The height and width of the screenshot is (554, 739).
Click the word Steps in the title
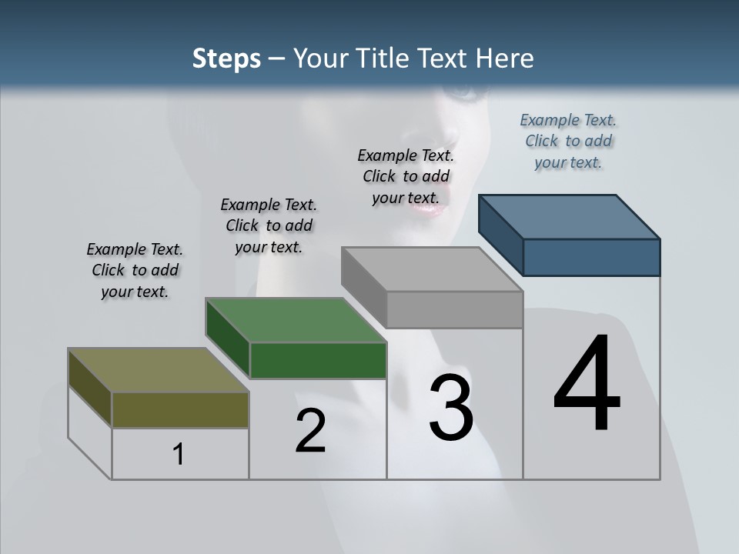pos(226,58)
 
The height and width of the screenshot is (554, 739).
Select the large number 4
pos(587,385)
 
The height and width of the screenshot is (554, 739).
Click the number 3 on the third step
pos(451,408)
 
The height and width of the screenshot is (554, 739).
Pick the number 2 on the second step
pos(310,431)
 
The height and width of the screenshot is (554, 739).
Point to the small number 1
pos(179,455)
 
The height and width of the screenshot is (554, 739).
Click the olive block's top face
pos(159,370)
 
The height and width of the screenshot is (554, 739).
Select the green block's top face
pos(296,320)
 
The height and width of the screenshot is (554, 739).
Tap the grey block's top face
pos(432,269)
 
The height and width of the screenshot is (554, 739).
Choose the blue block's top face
pos(570,217)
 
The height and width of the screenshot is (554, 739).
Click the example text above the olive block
pos(135,270)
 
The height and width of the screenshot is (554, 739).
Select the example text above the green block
pos(269,225)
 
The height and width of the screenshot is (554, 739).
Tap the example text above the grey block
pos(406,176)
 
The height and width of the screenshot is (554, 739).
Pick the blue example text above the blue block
pos(568,141)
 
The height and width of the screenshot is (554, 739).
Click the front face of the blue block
pos(591,257)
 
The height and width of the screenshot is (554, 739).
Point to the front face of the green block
pos(318,360)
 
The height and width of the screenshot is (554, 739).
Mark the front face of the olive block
pos(180,409)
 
